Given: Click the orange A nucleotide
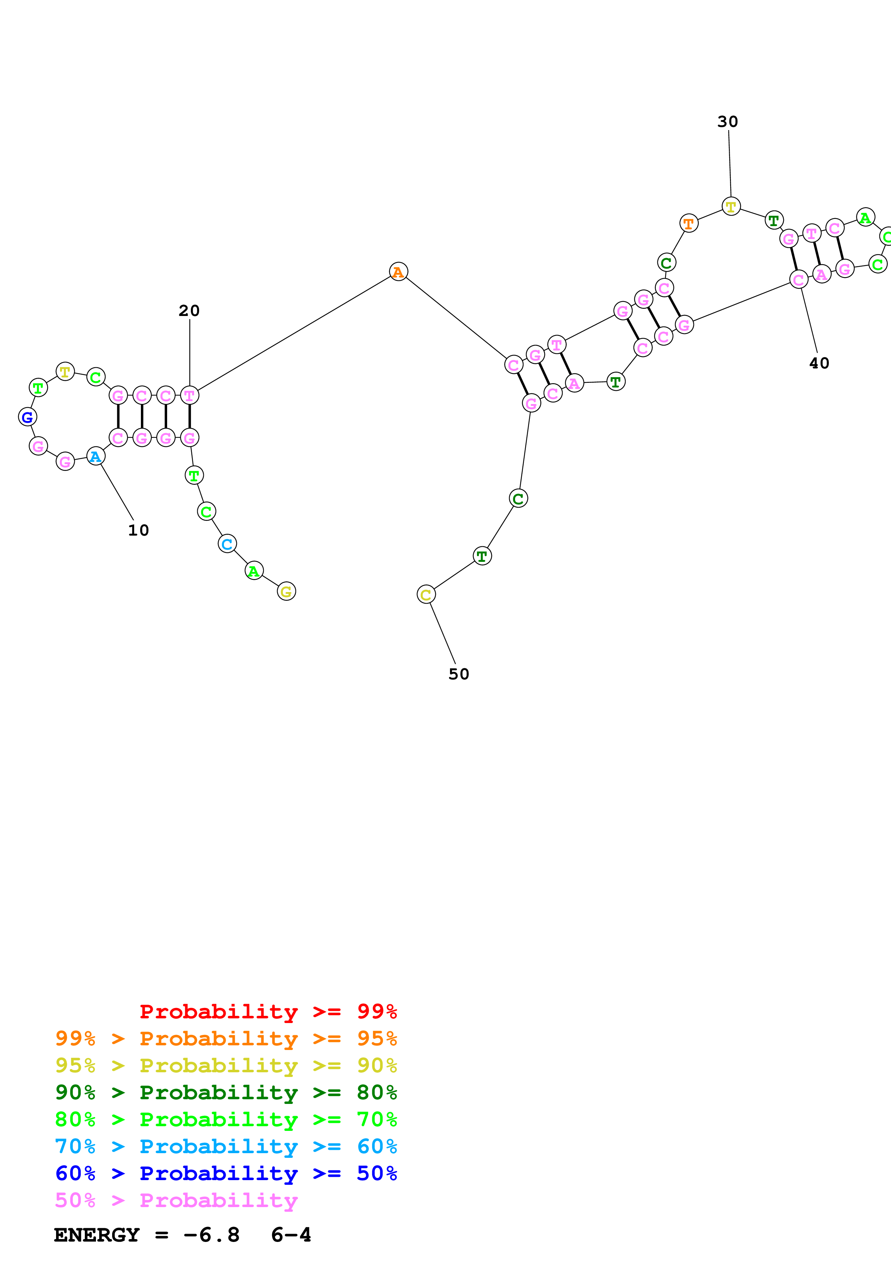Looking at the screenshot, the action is pos(398,271).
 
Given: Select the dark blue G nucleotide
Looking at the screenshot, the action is pos(27,417).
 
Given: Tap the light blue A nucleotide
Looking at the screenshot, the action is pos(96,457).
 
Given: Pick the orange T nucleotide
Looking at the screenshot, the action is pos(688,224).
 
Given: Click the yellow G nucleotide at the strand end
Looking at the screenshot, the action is pos(286,592).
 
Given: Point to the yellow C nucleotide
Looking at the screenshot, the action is pos(426,594).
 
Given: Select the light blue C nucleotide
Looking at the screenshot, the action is pos(227,544).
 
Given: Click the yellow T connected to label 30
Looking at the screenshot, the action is pos(731,206).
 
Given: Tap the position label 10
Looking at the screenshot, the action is pos(138,530).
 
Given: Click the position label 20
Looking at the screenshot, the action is pos(189,310).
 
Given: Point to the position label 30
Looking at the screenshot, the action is pos(727,121).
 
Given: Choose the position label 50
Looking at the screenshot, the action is pos(459,674).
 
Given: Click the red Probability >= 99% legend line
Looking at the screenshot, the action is pos(268,1011).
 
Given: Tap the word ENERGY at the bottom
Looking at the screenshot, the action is pos(97,1235).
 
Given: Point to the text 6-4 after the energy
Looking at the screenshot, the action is pos(291,1235).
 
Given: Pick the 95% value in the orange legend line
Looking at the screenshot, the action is pos(377,1038).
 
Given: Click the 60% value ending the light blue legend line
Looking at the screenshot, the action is pos(377,1146).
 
